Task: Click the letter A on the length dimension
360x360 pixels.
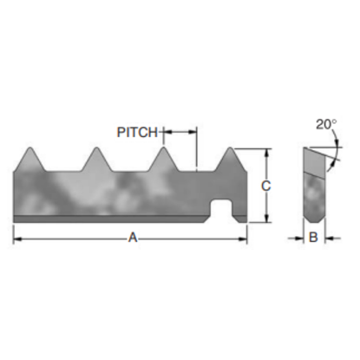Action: coord(133,236)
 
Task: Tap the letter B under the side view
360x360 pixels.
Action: coord(314,236)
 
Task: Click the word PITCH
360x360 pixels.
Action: coord(138,133)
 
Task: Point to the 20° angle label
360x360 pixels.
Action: coord(324,124)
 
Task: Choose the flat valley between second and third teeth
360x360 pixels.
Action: coord(129,169)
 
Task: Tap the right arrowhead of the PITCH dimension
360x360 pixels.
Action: coord(192,133)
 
